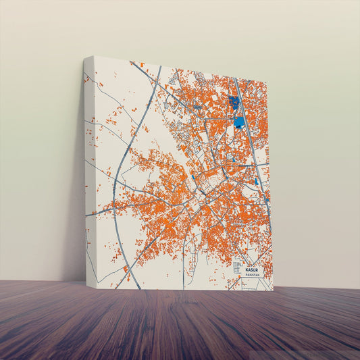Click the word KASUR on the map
click(252, 269)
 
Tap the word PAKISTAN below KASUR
click(253, 275)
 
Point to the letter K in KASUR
click(247, 269)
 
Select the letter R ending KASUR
click(257, 269)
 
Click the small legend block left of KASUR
click(237, 267)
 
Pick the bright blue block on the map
click(239, 122)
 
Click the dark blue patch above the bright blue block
click(234, 103)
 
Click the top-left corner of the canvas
click(93, 57)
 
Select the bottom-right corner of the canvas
click(274, 290)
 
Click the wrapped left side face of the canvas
click(88, 169)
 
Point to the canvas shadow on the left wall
click(76, 203)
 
